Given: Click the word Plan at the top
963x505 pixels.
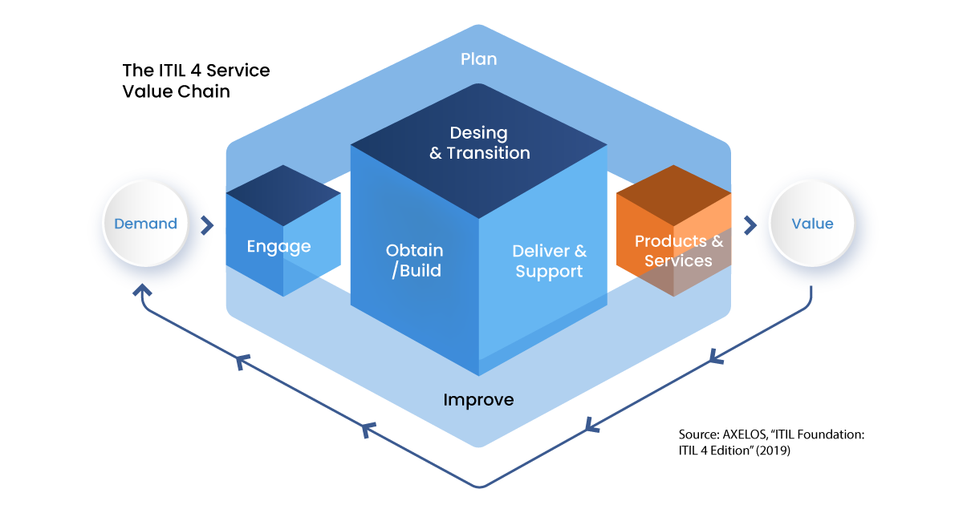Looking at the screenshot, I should coord(478,59).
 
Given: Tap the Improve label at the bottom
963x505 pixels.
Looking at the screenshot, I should coord(478,399).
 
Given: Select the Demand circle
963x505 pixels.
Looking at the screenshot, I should coord(145,224).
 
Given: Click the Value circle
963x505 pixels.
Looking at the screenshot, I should coord(812,224).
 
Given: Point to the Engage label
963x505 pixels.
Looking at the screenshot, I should coord(278,245).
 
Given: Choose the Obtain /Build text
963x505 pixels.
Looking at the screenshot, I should coord(415,261).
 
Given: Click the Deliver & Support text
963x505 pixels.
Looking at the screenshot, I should coord(549,261).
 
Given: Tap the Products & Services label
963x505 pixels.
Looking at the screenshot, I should coord(678,251).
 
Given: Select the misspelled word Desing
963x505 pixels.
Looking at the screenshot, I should coord(478,132).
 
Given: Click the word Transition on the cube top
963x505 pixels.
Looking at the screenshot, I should coord(488,153).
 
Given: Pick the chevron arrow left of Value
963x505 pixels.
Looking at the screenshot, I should coord(750,225).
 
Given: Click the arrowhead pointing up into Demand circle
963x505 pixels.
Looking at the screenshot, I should coord(141,289).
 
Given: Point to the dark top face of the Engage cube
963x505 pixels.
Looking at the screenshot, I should coord(282,192).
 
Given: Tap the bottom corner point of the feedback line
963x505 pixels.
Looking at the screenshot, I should coord(480,486).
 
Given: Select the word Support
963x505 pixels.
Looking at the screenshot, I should coord(549,272).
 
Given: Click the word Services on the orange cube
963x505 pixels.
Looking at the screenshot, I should coord(678,261).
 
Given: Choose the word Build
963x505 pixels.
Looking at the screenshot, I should coord(420,271).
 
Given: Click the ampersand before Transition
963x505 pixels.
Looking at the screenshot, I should coord(436,153).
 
